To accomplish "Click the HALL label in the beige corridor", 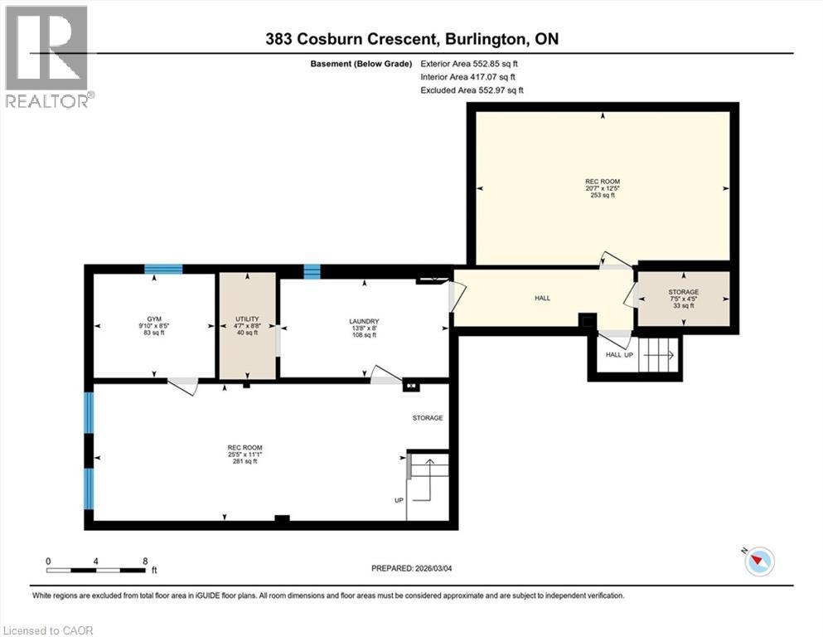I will pos(542,299).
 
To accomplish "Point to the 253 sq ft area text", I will pos(603,196).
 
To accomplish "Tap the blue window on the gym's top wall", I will pos(162,269).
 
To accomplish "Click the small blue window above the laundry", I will pos(312,270).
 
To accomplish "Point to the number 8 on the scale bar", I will pos(145,561).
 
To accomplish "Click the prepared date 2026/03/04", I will pos(412,568).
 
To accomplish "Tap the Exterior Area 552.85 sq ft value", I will pos(472,63).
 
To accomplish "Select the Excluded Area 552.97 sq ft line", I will pos(472,90).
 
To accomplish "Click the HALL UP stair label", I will pos(619,355).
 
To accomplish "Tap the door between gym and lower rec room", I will pos(183,382).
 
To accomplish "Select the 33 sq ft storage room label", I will pos(684,306).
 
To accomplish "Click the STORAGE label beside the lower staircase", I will pos(428,418).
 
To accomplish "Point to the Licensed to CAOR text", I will pos(48,630).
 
